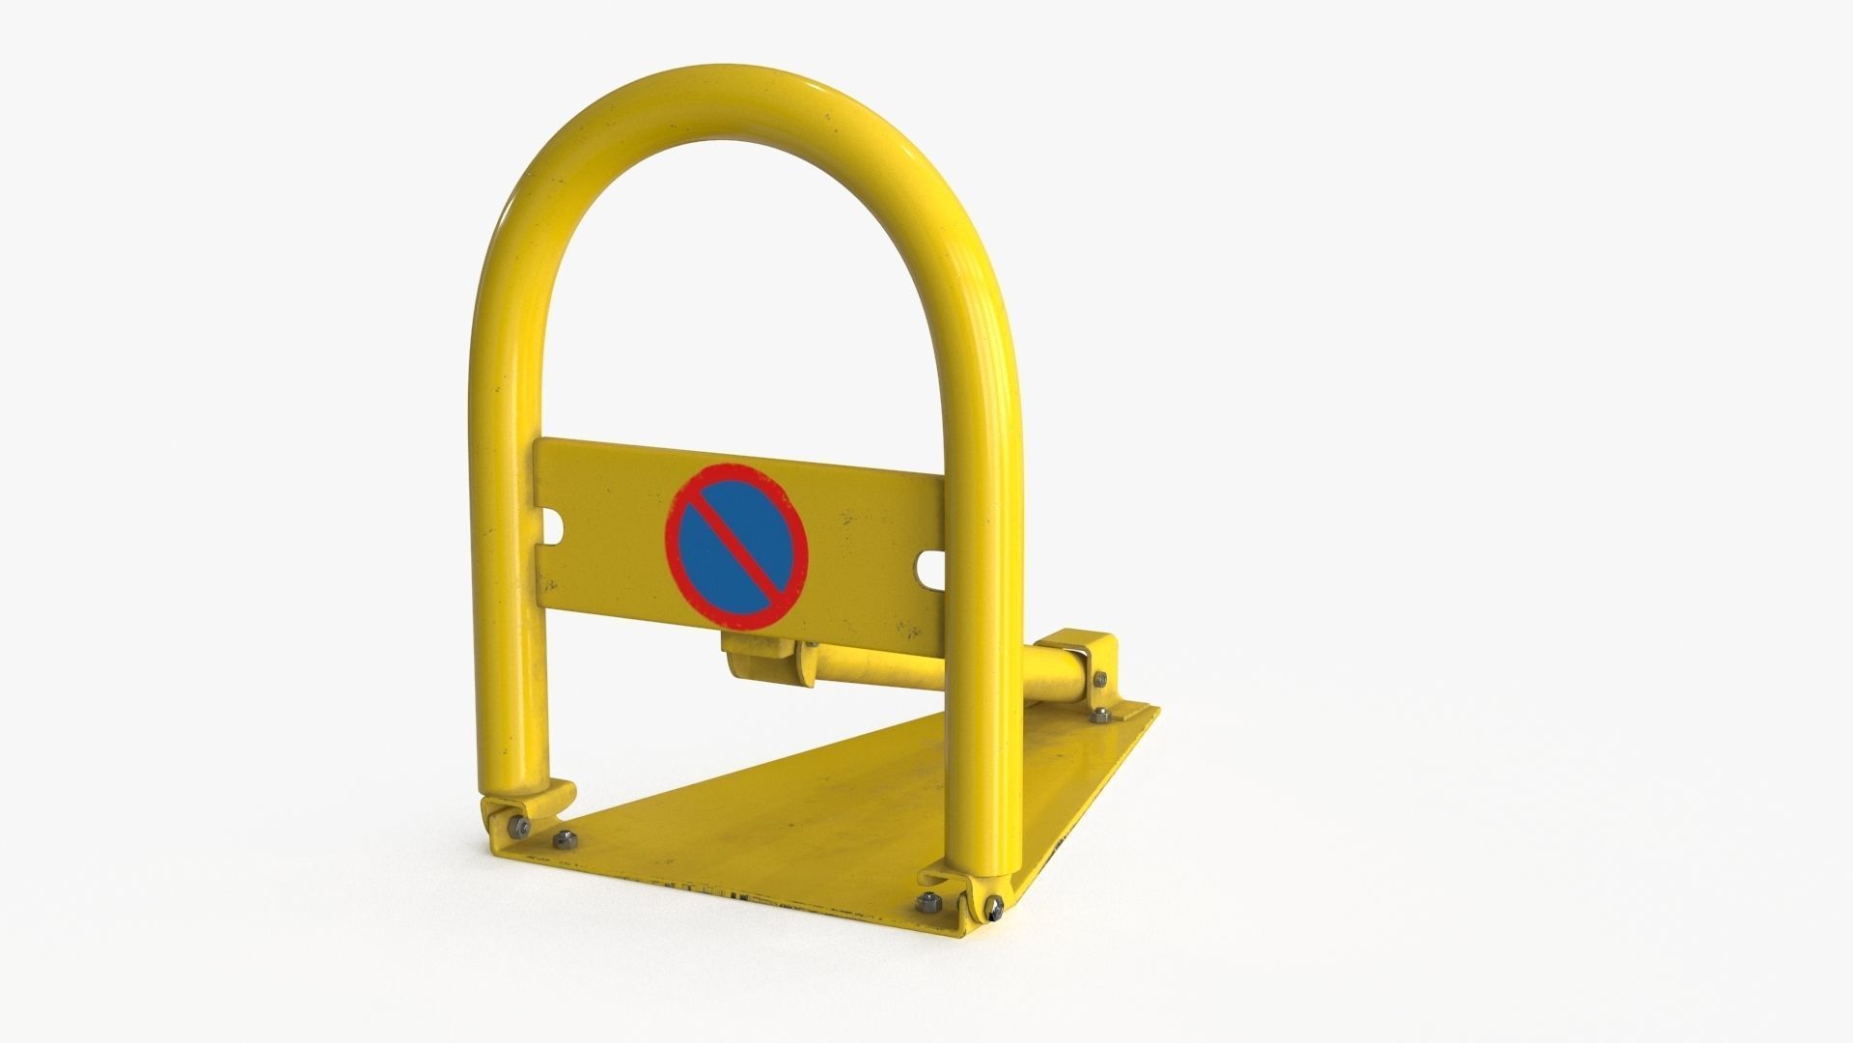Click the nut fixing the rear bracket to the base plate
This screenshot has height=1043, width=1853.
(x=1102, y=716)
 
